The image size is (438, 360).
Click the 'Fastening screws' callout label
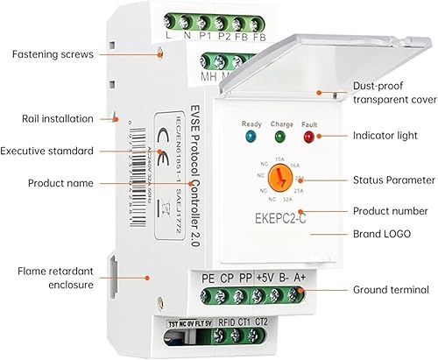tap(52, 54)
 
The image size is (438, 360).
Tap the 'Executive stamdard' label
tap(59, 152)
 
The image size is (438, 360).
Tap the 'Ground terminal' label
tap(389, 289)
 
